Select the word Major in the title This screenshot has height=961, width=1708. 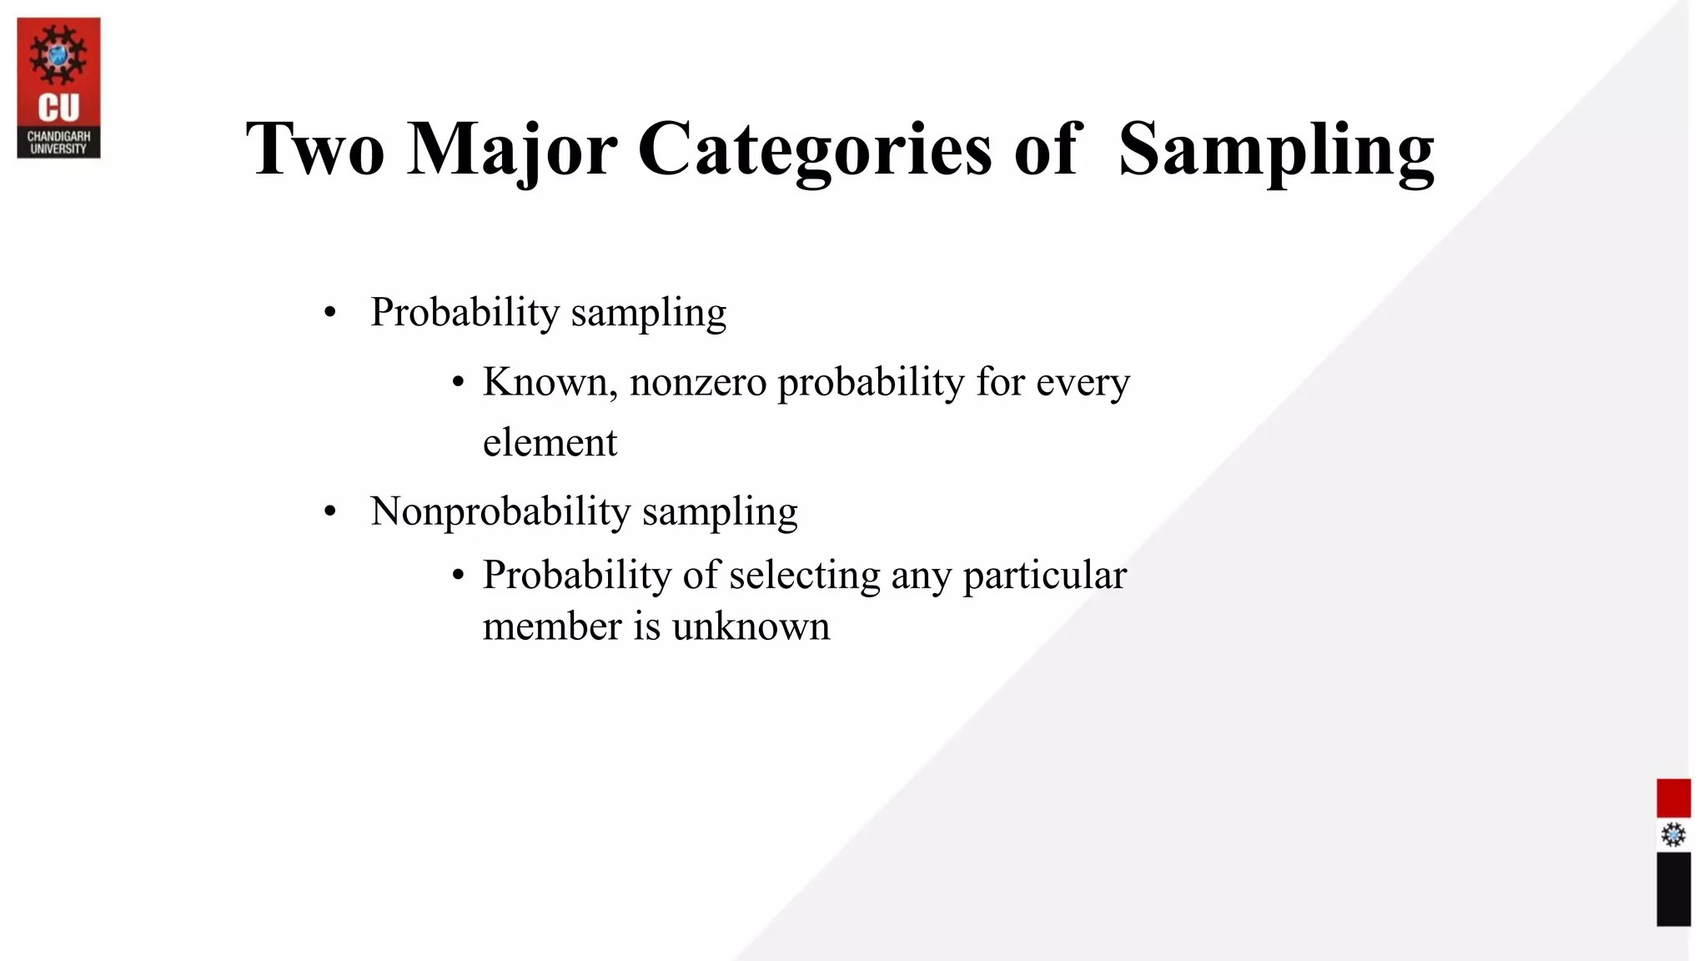pyautogui.click(x=511, y=150)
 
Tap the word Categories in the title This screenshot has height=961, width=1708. pyautogui.click(x=815, y=150)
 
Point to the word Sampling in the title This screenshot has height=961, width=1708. pyautogui.click(x=1276, y=150)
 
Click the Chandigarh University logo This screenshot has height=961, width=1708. pyautogui.click(x=58, y=88)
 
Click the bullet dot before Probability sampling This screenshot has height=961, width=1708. pyautogui.click(x=330, y=314)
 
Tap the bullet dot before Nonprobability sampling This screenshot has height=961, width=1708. pyautogui.click(x=330, y=512)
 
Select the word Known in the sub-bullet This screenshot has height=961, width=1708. pyautogui.click(x=550, y=382)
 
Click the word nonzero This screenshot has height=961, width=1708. pyautogui.click(x=698, y=382)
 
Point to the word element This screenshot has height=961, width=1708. pyautogui.click(x=550, y=442)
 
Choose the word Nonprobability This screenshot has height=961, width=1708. pyautogui.click(x=500, y=511)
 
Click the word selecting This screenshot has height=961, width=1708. pyautogui.click(x=804, y=575)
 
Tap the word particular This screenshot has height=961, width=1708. pyautogui.click(x=1044, y=576)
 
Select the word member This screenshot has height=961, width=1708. pyautogui.click(x=552, y=626)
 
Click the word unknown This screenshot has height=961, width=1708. pyautogui.click(x=751, y=626)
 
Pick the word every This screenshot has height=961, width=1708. pyautogui.click(x=1083, y=384)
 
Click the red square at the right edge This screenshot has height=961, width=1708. pyautogui.click(x=1673, y=798)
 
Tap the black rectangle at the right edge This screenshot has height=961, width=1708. pyautogui.click(x=1673, y=888)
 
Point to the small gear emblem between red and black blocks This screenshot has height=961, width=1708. pyautogui.click(x=1673, y=835)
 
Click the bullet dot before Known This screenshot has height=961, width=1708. pyautogui.click(x=458, y=383)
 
